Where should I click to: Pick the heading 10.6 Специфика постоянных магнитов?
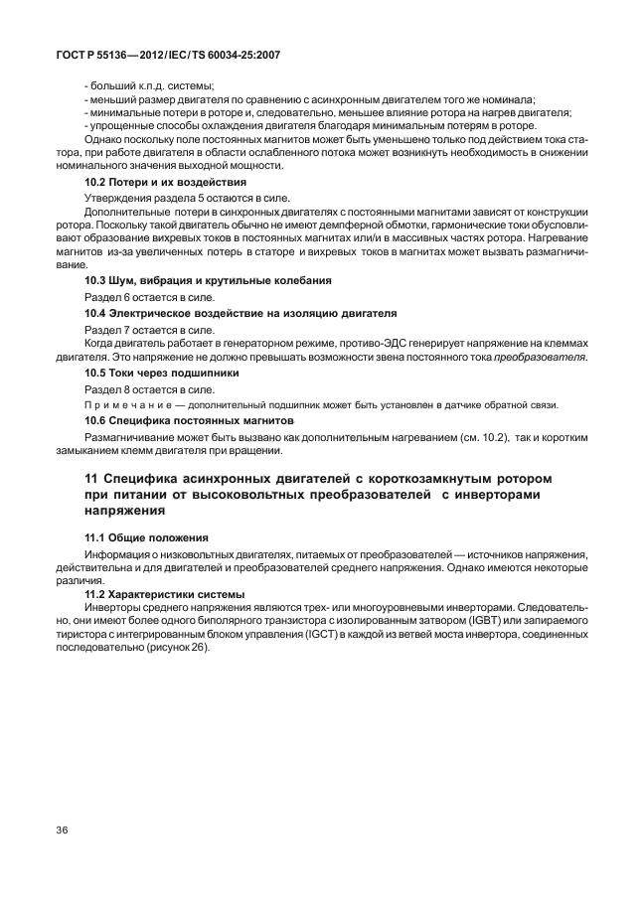coord(188,419)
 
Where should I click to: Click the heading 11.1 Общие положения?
coord(146,537)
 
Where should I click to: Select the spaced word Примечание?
coord(124,403)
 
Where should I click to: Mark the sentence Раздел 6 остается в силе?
coord(148,297)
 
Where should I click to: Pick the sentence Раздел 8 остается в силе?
coord(148,387)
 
